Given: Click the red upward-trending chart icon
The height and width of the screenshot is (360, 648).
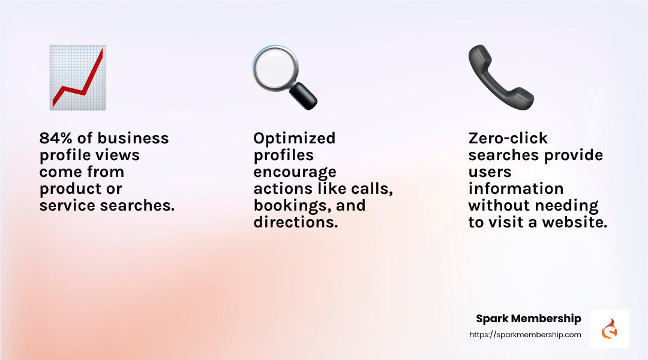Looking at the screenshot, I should pos(77,77).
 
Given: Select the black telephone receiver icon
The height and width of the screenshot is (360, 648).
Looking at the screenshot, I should pos(500,77).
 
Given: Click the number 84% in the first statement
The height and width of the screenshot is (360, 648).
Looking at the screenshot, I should pos(55,139).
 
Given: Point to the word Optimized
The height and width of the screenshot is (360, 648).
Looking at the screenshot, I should pos(294,139).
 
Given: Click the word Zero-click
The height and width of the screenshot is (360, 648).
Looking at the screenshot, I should pos(508,139).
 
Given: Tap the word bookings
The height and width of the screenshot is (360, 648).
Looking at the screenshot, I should pos(285,206).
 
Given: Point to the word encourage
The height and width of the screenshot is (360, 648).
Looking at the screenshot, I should pos(295,172).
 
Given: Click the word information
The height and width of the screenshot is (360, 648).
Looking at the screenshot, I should pos(515,189).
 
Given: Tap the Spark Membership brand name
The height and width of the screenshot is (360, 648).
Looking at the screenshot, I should pos(528,319).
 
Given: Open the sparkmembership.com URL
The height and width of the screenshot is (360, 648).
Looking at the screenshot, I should pos(524,335).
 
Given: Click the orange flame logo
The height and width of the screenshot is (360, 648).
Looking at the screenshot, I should pos(609,329).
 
